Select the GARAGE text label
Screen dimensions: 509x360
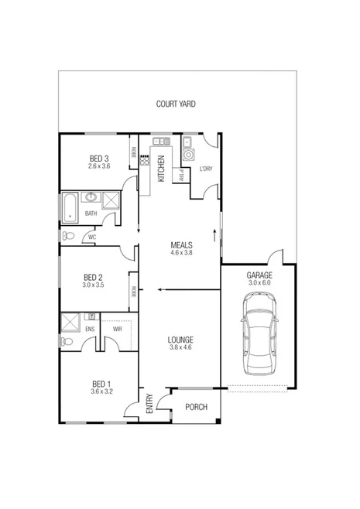259,275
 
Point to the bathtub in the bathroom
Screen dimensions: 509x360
69,207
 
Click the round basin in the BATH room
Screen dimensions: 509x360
91,197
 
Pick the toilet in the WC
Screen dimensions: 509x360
69,236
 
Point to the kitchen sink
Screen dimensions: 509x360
162,142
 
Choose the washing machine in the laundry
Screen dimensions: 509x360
188,155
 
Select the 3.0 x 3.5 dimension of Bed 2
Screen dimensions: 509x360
93,285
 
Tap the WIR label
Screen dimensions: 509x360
117,329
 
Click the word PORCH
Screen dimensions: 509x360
196,408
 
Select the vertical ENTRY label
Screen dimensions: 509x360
149,405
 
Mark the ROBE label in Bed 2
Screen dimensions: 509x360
134,292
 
